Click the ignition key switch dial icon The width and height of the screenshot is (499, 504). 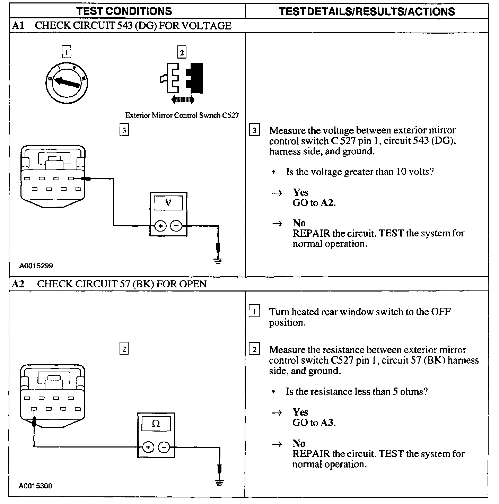point(66,82)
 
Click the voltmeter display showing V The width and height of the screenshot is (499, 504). point(168,202)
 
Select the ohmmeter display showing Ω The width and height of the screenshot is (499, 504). point(156,424)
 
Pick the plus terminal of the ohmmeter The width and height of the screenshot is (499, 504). point(148,447)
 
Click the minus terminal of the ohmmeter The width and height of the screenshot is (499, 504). point(164,447)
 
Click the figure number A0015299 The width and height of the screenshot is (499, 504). point(36,266)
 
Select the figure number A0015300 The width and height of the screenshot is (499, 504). point(36,486)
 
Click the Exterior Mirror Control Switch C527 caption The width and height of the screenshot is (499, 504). point(182,115)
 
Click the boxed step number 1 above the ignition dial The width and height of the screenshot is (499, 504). point(66,52)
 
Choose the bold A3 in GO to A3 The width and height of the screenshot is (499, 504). point(327,423)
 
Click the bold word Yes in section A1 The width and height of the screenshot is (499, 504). point(300,192)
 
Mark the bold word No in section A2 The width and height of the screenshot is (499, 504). point(299,443)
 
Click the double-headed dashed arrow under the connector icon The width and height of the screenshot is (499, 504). point(183,100)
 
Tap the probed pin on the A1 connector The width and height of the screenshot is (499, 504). point(71,179)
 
